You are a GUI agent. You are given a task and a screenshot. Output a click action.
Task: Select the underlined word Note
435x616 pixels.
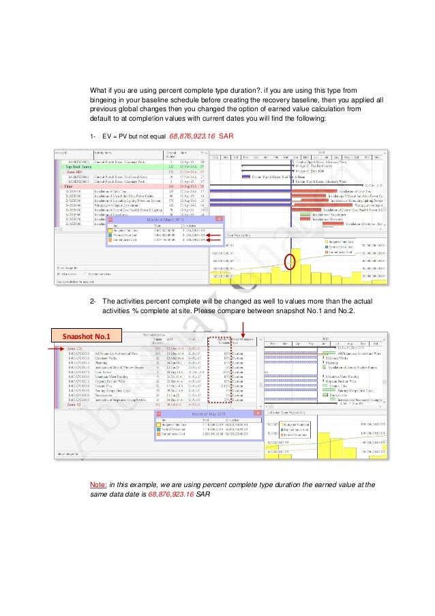pos(97,484)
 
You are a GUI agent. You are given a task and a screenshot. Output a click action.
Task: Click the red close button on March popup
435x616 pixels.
pos(217,220)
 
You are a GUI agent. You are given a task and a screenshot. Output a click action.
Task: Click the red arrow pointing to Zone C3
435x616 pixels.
pos(60,348)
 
